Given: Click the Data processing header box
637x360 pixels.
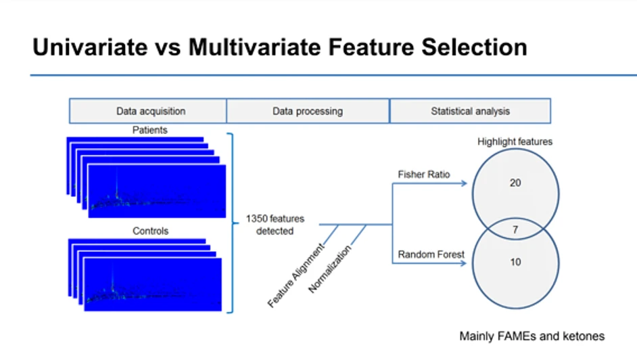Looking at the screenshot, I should [308, 111].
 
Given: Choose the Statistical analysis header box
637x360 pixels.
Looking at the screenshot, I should [470, 111].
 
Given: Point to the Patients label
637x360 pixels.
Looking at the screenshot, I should [149, 129].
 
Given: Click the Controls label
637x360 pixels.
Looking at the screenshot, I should [150, 231].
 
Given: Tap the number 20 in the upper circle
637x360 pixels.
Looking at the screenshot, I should [515, 183].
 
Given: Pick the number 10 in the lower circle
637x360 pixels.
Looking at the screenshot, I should [515, 263].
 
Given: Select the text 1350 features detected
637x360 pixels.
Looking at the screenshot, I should [277, 225].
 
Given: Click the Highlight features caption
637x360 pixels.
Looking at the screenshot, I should [515, 142].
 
